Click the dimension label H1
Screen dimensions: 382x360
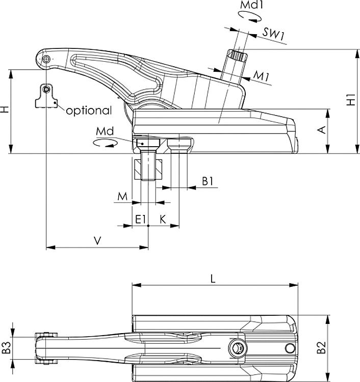pos(351,99)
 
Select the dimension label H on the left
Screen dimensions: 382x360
pos(5,110)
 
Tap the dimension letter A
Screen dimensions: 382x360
pos(321,130)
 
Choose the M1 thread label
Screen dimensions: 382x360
pos(262,77)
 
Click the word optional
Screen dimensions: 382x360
pos(88,111)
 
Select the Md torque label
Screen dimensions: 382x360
pos(104,131)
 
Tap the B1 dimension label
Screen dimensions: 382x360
pos(207,180)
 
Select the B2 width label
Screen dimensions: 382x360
pos(321,348)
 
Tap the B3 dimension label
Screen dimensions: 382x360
pos(6,348)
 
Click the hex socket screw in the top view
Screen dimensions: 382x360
pos(238,348)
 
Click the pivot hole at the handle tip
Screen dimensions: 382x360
pos(46,60)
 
